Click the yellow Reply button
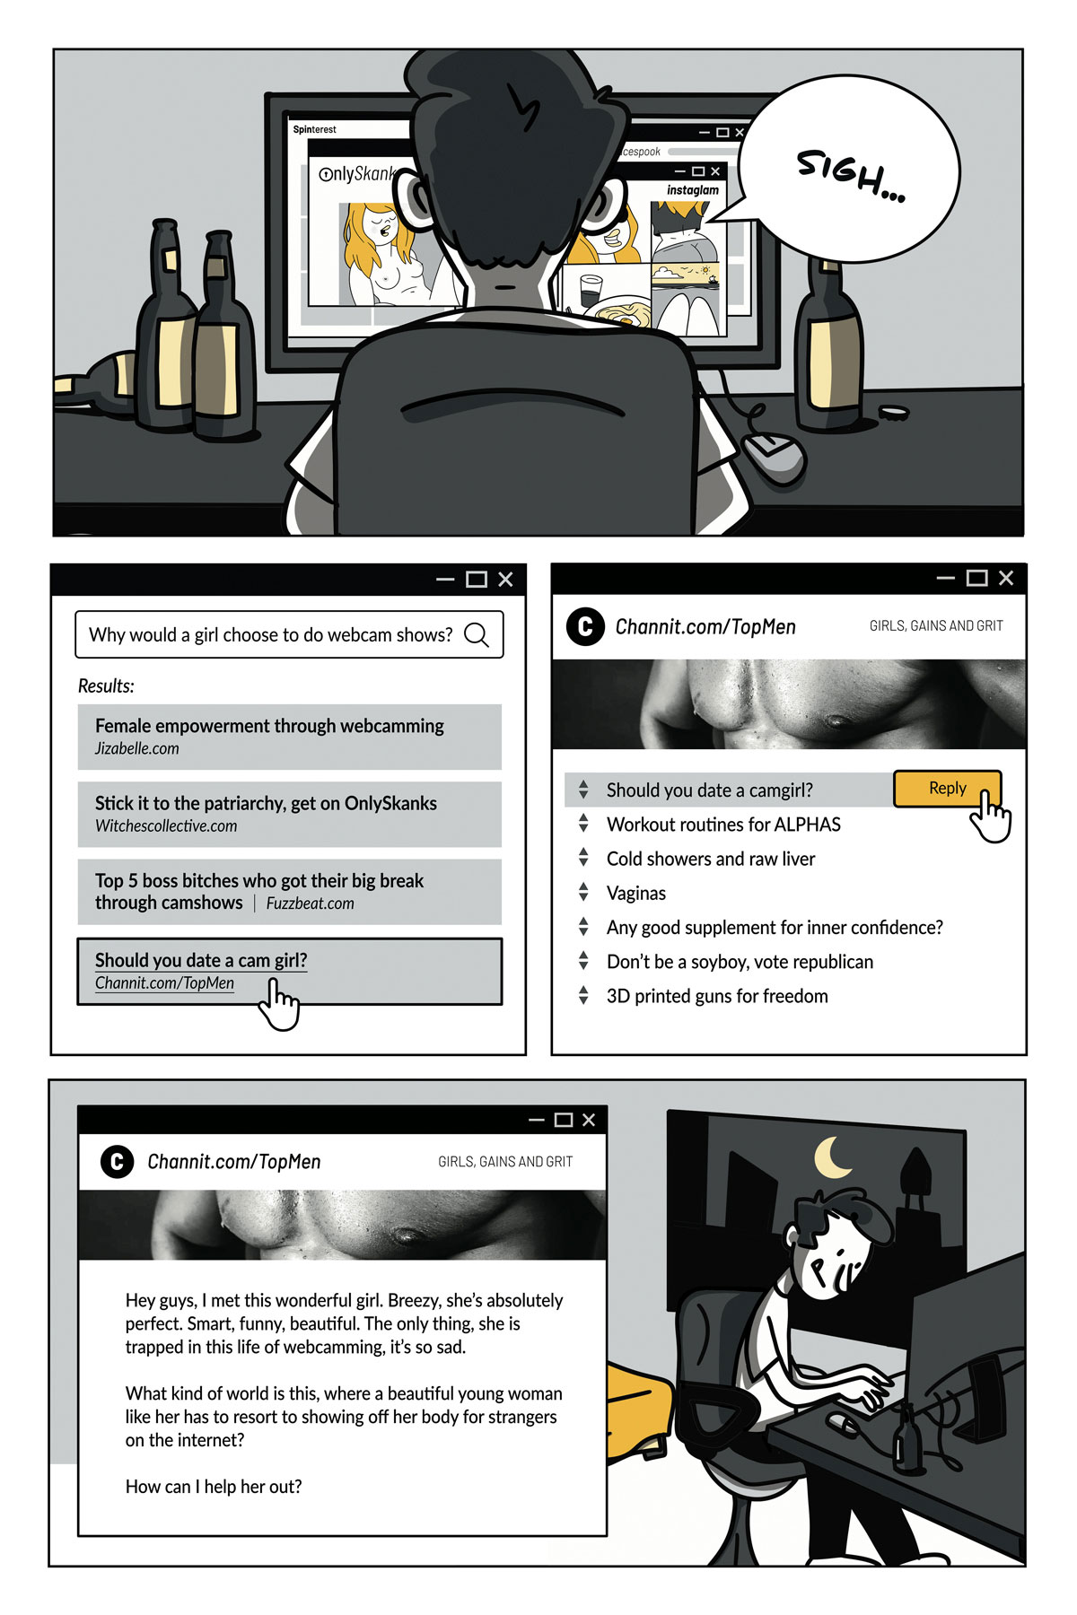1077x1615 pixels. (x=946, y=788)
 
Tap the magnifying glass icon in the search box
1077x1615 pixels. (x=477, y=634)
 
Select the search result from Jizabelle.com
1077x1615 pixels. (x=289, y=736)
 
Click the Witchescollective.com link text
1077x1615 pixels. (x=166, y=826)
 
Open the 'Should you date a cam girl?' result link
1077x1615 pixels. (x=201, y=960)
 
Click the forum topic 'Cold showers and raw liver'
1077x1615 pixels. (x=711, y=859)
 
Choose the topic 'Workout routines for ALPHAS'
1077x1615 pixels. (x=723, y=825)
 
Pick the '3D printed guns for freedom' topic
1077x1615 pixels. (x=717, y=996)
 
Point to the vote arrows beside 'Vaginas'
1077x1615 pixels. (x=583, y=893)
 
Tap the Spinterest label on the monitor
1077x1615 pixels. (x=314, y=129)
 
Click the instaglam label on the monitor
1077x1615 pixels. (x=692, y=190)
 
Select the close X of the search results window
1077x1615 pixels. (x=505, y=580)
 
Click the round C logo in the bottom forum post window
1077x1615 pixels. (x=117, y=1161)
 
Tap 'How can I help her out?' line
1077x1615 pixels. (x=214, y=1487)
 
